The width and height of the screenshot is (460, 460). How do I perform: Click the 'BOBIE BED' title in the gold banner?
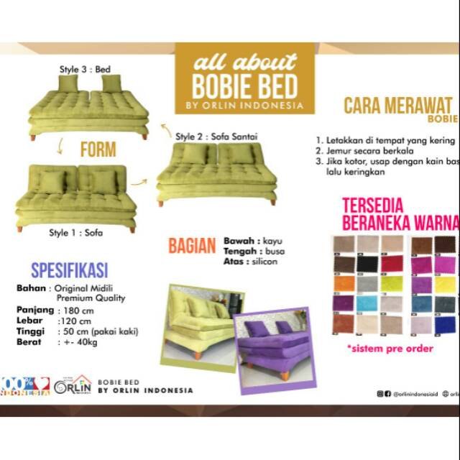tap(244, 86)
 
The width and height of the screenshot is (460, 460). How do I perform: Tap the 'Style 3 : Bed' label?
tap(92, 70)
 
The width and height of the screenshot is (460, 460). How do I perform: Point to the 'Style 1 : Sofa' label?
tap(75, 233)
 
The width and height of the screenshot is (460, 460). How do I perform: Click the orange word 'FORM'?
tap(98, 151)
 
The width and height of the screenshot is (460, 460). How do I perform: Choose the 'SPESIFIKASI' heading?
tap(70, 270)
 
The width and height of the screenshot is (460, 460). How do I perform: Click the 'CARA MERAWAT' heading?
tap(397, 106)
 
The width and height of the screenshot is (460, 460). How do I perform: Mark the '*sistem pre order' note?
tap(390, 349)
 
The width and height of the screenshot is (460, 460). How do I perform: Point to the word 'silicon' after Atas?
tap(264, 262)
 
